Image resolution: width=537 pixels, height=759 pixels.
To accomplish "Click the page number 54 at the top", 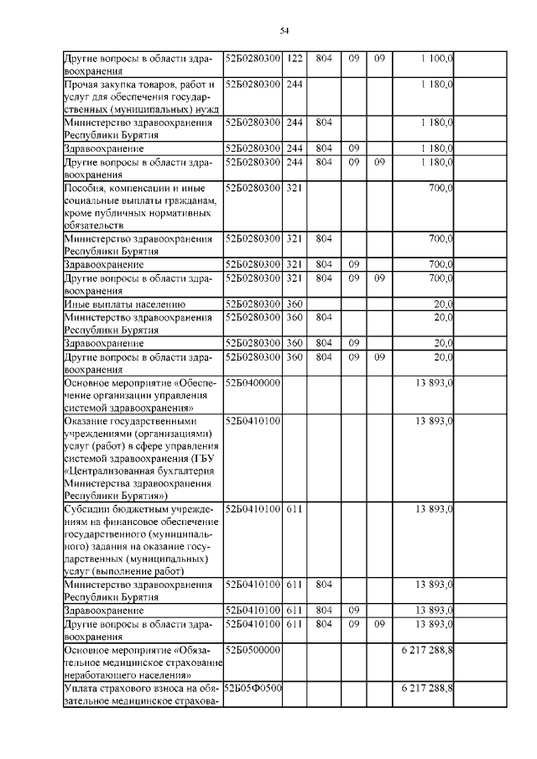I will [284, 30].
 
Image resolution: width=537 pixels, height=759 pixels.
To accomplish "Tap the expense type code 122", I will [294, 60].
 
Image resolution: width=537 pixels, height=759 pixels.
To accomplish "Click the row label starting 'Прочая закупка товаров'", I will [141, 96].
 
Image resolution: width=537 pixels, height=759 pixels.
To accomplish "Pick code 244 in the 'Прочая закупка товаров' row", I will [294, 85].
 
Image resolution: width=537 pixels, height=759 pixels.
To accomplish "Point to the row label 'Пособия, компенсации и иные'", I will [141, 206].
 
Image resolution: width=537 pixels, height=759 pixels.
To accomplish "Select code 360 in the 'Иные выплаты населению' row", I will [294, 304].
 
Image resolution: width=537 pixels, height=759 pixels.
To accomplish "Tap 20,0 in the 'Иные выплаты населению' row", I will [443, 304].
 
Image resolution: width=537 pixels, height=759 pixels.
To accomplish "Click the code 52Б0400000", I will [252, 382].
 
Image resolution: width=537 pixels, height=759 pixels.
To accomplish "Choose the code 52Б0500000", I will [252, 650].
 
